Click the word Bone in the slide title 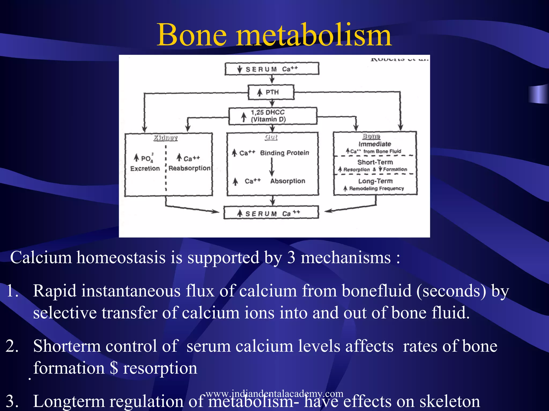tap(192, 35)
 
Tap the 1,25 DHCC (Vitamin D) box tap(272, 116)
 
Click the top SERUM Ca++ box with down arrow tap(272, 69)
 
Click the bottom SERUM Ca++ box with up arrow tap(271, 213)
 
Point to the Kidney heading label tap(165, 138)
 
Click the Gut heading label tap(271, 137)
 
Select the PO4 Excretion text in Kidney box tap(145, 163)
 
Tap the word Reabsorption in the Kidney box tap(189, 168)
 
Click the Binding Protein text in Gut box tap(284, 153)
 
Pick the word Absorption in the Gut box tap(287, 181)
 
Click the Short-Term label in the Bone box tap(375, 162)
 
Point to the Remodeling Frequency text tap(376, 188)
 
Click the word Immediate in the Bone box tap(375, 144)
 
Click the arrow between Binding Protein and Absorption tap(272, 167)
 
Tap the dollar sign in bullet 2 tap(114, 368)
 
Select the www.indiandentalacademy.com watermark tap(274, 393)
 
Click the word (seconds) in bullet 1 tap(451, 291)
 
